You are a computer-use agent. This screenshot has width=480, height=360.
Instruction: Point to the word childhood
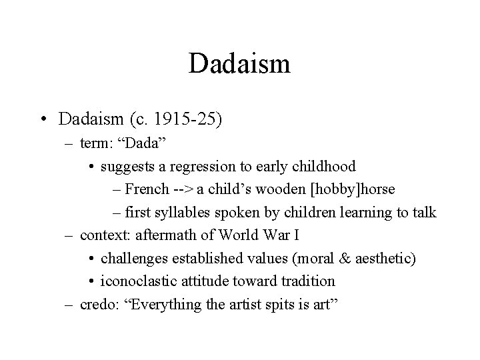pyautogui.click(x=324, y=166)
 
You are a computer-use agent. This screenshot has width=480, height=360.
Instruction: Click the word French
pyautogui.click(x=146, y=189)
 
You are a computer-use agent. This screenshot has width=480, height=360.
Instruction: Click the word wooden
pyautogui.click(x=279, y=189)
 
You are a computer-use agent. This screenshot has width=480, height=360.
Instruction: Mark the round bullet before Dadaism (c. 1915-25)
pyautogui.click(x=43, y=120)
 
